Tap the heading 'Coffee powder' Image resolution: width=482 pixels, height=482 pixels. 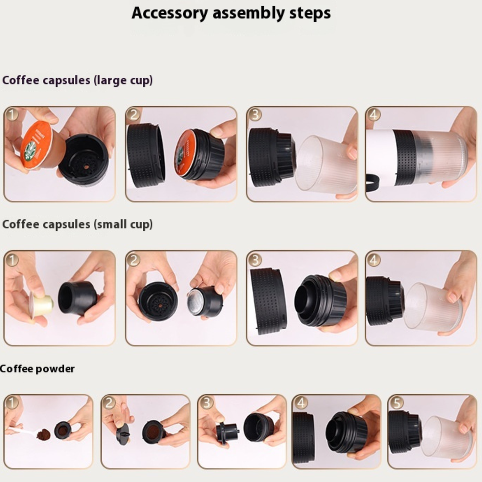pos(37,369)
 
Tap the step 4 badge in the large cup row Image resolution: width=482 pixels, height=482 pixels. pos(373,115)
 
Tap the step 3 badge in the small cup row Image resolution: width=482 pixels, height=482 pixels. pos(254,259)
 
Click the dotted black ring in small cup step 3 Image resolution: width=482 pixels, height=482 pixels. pos(268,301)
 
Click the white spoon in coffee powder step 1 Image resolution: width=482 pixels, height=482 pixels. pos(22,432)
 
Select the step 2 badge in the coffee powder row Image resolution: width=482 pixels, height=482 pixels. pos(109,403)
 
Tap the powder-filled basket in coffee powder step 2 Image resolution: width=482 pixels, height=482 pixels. pos(151,432)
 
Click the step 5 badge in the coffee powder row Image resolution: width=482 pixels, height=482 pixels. pos(396,403)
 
